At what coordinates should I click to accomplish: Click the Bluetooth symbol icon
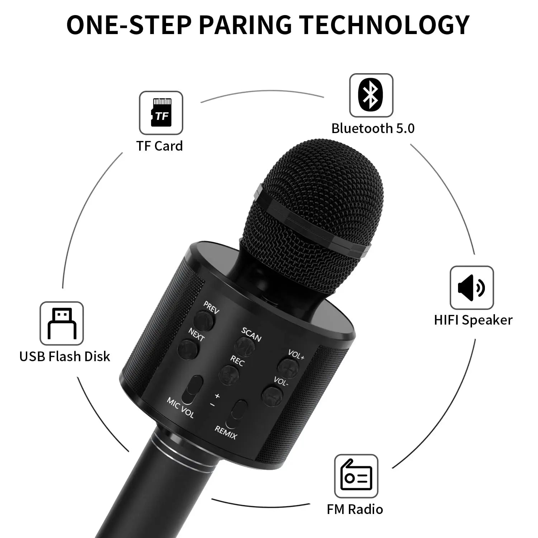[x=371, y=95]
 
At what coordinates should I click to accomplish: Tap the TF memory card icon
[x=161, y=113]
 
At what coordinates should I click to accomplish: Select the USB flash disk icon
[x=62, y=323]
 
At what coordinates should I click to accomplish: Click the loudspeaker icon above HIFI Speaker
[x=471, y=287]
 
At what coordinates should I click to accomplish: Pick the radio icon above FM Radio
[x=356, y=476]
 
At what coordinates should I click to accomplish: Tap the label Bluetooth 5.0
[x=373, y=128]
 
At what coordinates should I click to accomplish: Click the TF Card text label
[x=159, y=146]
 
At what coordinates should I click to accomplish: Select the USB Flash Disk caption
[x=65, y=357]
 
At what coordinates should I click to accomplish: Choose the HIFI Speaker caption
[x=473, y=320]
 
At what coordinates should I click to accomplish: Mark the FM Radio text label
[x=355, y=509]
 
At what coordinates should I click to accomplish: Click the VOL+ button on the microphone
[x=289, y=367]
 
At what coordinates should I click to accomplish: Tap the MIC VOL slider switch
[x=192, y=388]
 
